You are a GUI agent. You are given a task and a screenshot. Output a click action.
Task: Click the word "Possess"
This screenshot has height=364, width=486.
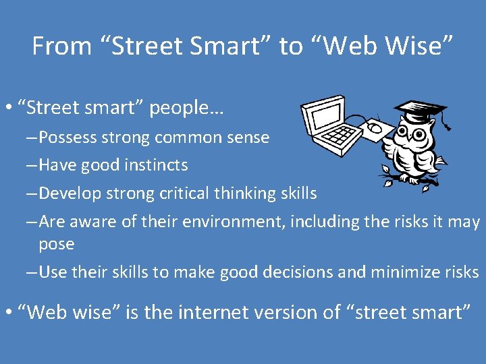pyautogui.click(x=67, y=138)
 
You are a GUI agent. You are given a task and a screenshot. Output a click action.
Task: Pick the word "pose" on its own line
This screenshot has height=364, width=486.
pyautogui.click(x=56, y=244)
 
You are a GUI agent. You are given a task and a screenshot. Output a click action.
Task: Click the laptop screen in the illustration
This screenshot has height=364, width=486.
pyautogui.click(x=323, y=117)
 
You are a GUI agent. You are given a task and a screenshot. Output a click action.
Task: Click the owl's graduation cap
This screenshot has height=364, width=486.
pyautogui.click(x=420, y=110)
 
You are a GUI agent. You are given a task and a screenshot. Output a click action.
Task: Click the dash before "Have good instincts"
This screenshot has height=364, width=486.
pyautogui.click(x=32, y=165)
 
